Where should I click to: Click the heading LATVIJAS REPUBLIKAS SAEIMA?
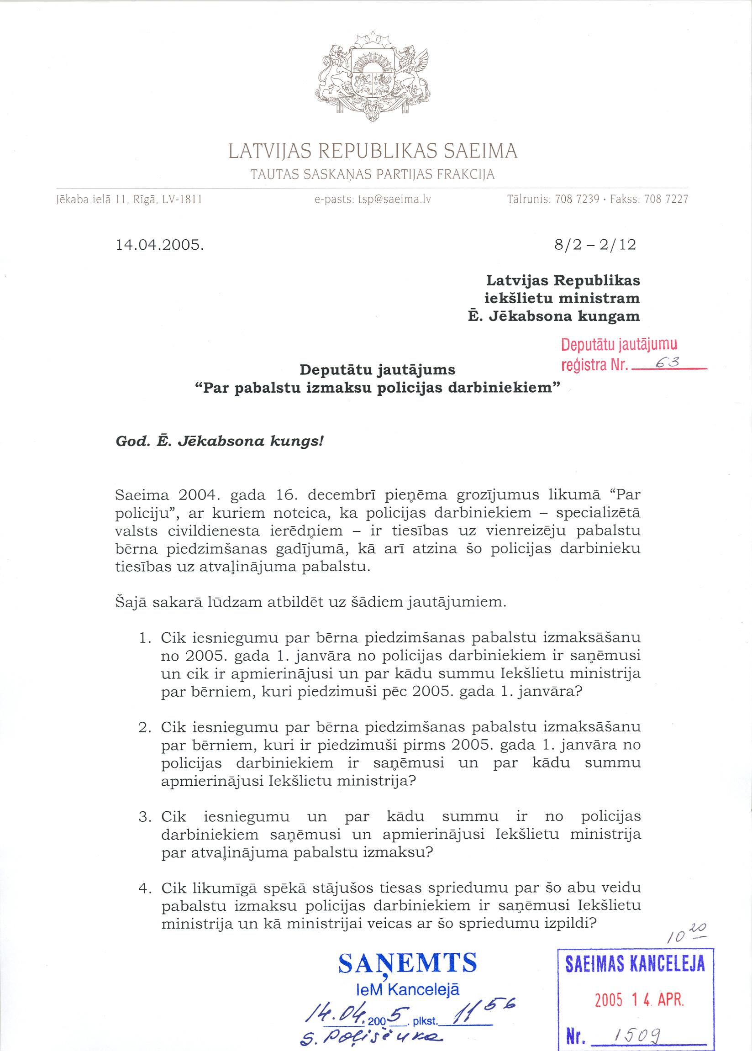pos(373,152)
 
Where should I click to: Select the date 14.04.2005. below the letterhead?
pos(160,245)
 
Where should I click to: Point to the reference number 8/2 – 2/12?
pos(595,244)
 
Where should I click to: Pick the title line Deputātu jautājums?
pos(378,369)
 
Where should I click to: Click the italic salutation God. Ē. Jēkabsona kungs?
pos(220,441)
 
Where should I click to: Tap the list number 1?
pos(145,638)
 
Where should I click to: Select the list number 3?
pos(145,817)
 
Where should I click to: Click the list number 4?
pos(145,888)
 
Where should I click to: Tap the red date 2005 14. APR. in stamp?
pos(639,1000)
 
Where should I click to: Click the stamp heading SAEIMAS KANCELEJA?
pos(635,964)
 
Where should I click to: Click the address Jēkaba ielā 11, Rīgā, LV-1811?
pos(129,200)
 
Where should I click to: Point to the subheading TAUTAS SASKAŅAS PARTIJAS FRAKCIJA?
pos(373,174)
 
